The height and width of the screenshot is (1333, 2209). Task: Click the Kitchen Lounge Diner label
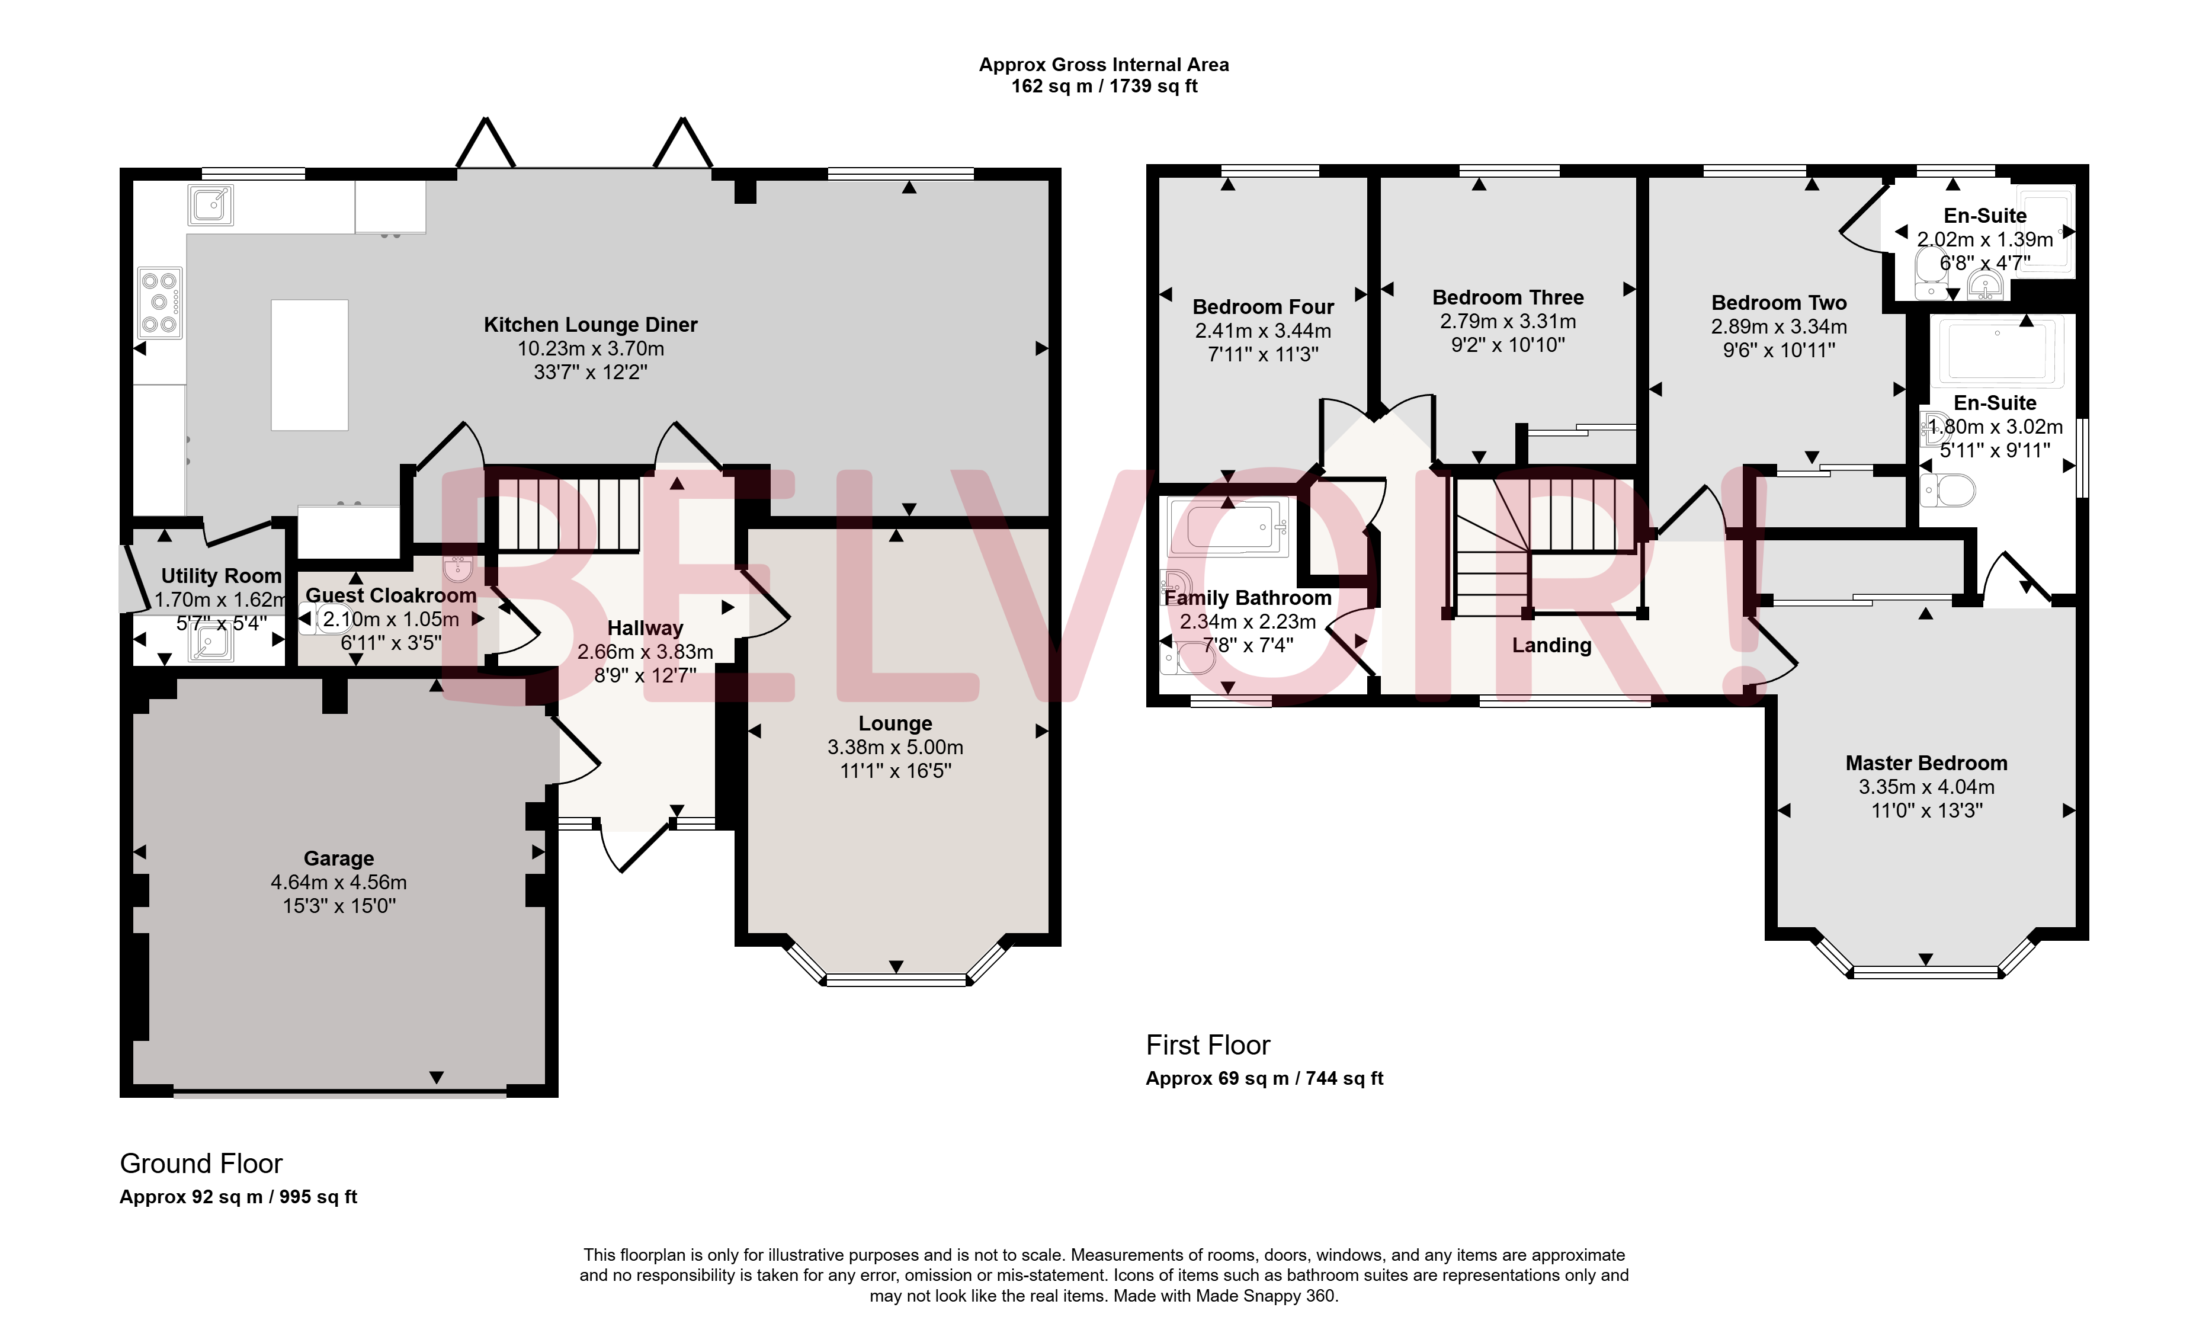tap(590, 325)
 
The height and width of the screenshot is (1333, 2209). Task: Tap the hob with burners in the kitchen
tap(159, 303)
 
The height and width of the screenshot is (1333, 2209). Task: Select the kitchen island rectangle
tap(309, 365)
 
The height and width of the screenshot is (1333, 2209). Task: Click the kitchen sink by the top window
tap(211, 206)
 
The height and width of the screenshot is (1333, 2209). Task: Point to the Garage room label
tap(339, 859)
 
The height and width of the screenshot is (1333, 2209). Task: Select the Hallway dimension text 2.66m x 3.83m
tap(646, 652)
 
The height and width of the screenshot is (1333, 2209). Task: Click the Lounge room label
tap(896, 723)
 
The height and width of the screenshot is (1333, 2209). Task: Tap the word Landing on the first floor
tap(1552, 645)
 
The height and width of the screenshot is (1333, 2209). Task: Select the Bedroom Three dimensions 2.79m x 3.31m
tap(1508, 321)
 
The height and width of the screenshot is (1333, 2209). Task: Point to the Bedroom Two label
tap(1779, 303)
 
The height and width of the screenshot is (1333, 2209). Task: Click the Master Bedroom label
tap(1926, 763)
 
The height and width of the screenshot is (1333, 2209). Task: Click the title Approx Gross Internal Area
tap(1104, 65)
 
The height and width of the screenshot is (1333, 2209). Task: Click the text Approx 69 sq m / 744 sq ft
tap(1264, 1078)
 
